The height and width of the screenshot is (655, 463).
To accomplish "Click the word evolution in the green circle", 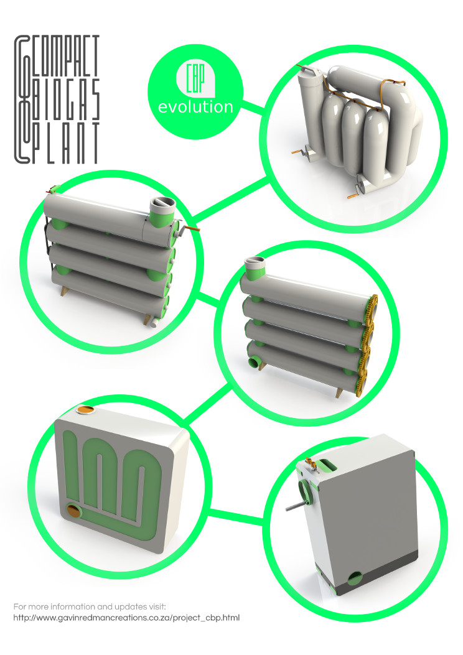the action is pyautogui.click(x=195, y=107).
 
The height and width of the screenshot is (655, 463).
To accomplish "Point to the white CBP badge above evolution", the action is pyautogui.click(x=195, y=79).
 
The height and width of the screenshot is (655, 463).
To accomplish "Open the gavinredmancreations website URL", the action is pyautogui.click(x=126, y=618).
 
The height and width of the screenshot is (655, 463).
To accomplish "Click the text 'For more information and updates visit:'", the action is pyautogui.click(x=90, y=606).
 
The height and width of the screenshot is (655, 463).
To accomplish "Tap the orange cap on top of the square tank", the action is pyautogui.click(x=86, y=410).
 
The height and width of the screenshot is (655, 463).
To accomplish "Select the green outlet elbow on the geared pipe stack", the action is pyautogui.click(x=254, y=361).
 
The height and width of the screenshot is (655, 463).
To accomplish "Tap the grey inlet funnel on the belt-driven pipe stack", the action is pyautogui.click(x=162, y=205).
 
